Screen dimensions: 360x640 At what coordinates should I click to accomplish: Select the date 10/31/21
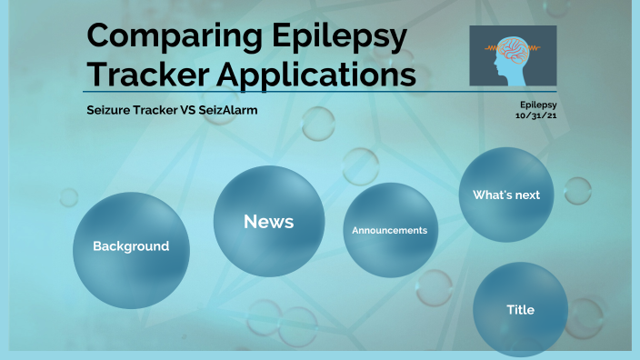pyautogui.click(x=535, y=115)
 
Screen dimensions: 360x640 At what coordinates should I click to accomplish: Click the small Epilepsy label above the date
pyautogui.click(x=538, y=105)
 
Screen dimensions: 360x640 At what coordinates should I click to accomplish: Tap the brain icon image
pyautogui.click(x=513, y=56)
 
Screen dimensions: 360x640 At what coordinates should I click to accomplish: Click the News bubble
pyautogui.click(x=268, y=221)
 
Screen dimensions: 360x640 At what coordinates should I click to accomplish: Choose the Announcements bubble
pyautogui.click(x=389, y=230)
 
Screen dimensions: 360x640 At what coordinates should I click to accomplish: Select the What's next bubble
pyautogui.click(x=506, y=195)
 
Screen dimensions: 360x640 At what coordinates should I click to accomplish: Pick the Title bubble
pyautogui.click(x=520, y=310)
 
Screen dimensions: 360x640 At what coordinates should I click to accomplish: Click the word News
pyautogui.click(x=268, y=221)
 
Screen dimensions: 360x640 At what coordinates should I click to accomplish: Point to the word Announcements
pyautogui.click(x=389, y=230)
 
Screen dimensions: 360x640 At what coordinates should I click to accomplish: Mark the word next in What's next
pyautogui.click(x=526, y=195)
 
